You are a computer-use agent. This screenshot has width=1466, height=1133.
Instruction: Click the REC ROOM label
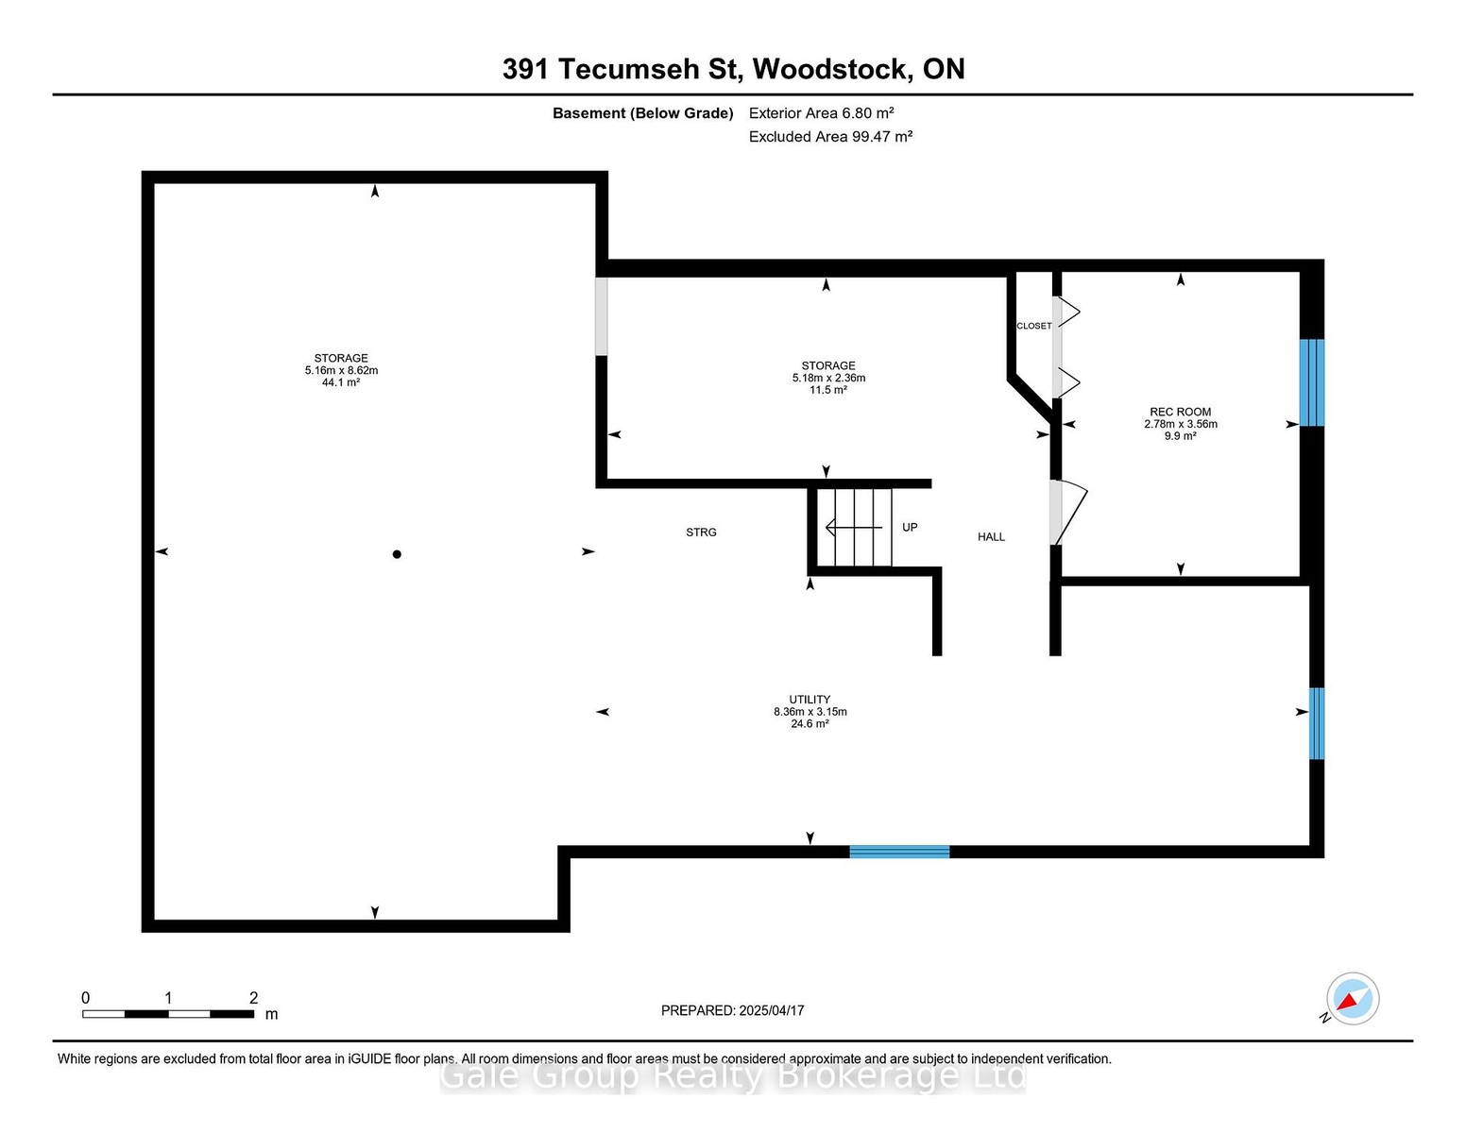point(1180,412)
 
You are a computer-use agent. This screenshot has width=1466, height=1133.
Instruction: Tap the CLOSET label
point(1033,326)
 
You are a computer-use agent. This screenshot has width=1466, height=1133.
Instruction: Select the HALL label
point(991,536)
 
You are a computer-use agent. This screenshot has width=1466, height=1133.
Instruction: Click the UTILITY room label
point(810,700)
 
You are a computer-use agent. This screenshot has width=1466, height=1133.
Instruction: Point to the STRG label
point(701,532)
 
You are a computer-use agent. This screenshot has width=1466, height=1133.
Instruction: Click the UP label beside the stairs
point(910,527)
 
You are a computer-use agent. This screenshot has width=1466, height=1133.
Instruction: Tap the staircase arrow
point(853,527)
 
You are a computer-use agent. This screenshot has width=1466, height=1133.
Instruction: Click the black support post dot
point(397,554)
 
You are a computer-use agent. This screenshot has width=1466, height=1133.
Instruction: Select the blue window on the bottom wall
point(898,852)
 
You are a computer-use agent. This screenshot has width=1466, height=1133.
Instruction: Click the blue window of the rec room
point(1311,382)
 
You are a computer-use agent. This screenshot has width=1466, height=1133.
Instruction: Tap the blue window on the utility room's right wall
point(1316,722)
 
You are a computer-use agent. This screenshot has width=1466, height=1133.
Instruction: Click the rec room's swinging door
point(1068,512)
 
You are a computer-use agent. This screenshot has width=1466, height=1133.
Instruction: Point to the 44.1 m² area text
point(341,382)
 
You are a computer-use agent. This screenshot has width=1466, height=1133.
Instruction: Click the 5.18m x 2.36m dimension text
point(828,378)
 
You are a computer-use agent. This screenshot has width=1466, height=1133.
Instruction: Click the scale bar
point(168,1014)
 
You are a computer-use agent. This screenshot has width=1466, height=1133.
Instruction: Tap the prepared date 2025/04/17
point(771,1010)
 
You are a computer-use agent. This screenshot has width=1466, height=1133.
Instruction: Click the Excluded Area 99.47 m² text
point(830,136)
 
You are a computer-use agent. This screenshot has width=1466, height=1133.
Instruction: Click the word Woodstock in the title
point(829,69)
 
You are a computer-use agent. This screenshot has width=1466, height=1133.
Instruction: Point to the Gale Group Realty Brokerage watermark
point(733,1075)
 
